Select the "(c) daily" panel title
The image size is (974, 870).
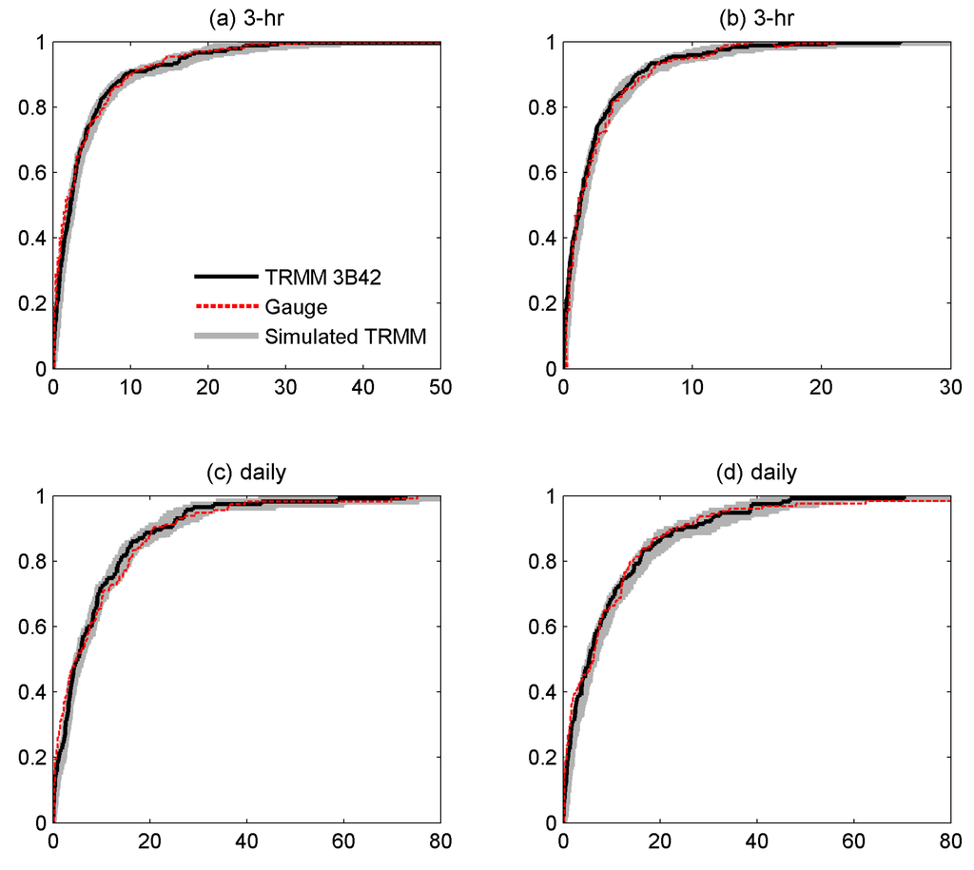(x=246, y=473)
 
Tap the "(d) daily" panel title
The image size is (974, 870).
(x=757, y=473)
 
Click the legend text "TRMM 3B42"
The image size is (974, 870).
(x=314, y=277)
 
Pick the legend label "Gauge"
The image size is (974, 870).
(x=297, y=306)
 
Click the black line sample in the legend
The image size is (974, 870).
(x=225, y=277)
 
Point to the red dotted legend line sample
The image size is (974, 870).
(x=225, y=306)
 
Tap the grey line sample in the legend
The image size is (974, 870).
(x=225, y=336)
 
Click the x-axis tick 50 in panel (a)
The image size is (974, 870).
(x=439, y=388)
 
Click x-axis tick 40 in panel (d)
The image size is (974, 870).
(x=757, y=841)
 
